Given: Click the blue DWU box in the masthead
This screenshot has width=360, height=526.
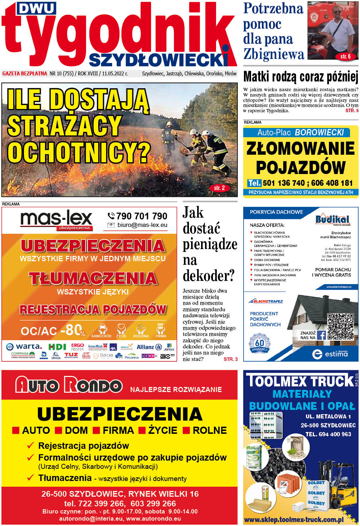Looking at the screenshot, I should [x=36, y=8].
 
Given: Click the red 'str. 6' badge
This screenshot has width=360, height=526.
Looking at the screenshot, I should [x=345, y=56].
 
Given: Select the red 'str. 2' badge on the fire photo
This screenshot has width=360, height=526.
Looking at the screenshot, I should [x=219, y=188].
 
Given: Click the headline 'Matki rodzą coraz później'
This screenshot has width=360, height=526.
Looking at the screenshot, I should [x=300, y=77].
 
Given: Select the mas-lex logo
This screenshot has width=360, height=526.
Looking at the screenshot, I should [x=56, y=220].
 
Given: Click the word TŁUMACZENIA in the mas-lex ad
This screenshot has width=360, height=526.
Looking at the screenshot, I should [x=93, y=279].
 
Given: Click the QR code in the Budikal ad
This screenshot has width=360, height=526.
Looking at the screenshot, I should [x=340, y=326].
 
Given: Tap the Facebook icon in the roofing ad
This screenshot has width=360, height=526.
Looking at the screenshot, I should [x=321, y=335].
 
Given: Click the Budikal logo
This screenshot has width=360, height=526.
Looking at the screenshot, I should [x=332, y=219].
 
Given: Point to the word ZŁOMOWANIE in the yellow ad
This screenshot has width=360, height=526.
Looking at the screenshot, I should [x=300, y=148].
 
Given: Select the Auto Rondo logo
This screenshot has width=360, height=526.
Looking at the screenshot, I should [x=69, y=385].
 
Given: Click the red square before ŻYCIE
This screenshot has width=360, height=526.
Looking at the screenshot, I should [x=142, y=431].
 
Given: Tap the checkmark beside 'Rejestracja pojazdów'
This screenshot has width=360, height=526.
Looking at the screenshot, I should [x=31, y=446].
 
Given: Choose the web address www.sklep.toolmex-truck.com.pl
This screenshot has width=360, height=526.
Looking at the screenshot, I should [x=294, y=520].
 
